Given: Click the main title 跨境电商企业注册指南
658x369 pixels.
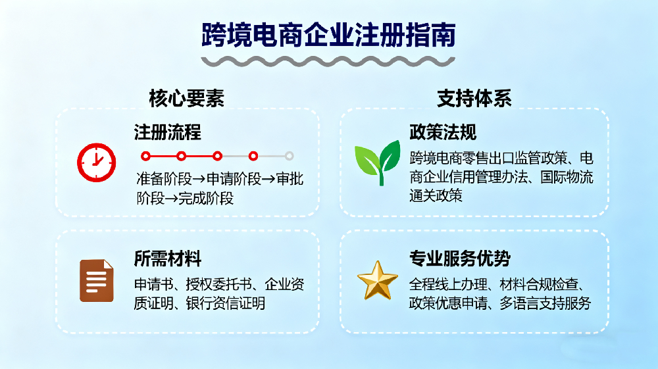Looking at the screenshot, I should click(328, 34).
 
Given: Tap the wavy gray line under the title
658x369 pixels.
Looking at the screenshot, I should click(328, 61).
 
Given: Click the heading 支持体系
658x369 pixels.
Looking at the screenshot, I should click(474, 98).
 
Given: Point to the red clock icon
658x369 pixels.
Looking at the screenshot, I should click(96, 162).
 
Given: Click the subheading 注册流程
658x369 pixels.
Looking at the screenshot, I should click(167, 132).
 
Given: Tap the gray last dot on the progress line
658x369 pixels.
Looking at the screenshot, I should click(289, 156).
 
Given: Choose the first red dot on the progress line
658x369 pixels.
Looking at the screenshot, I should click(146, 156).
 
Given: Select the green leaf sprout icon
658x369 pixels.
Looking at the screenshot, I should click(377, 162).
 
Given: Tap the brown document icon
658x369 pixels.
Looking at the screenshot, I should click(96, 281).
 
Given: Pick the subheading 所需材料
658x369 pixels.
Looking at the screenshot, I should click(167, 258).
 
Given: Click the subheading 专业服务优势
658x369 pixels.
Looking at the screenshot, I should click(459, 258).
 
